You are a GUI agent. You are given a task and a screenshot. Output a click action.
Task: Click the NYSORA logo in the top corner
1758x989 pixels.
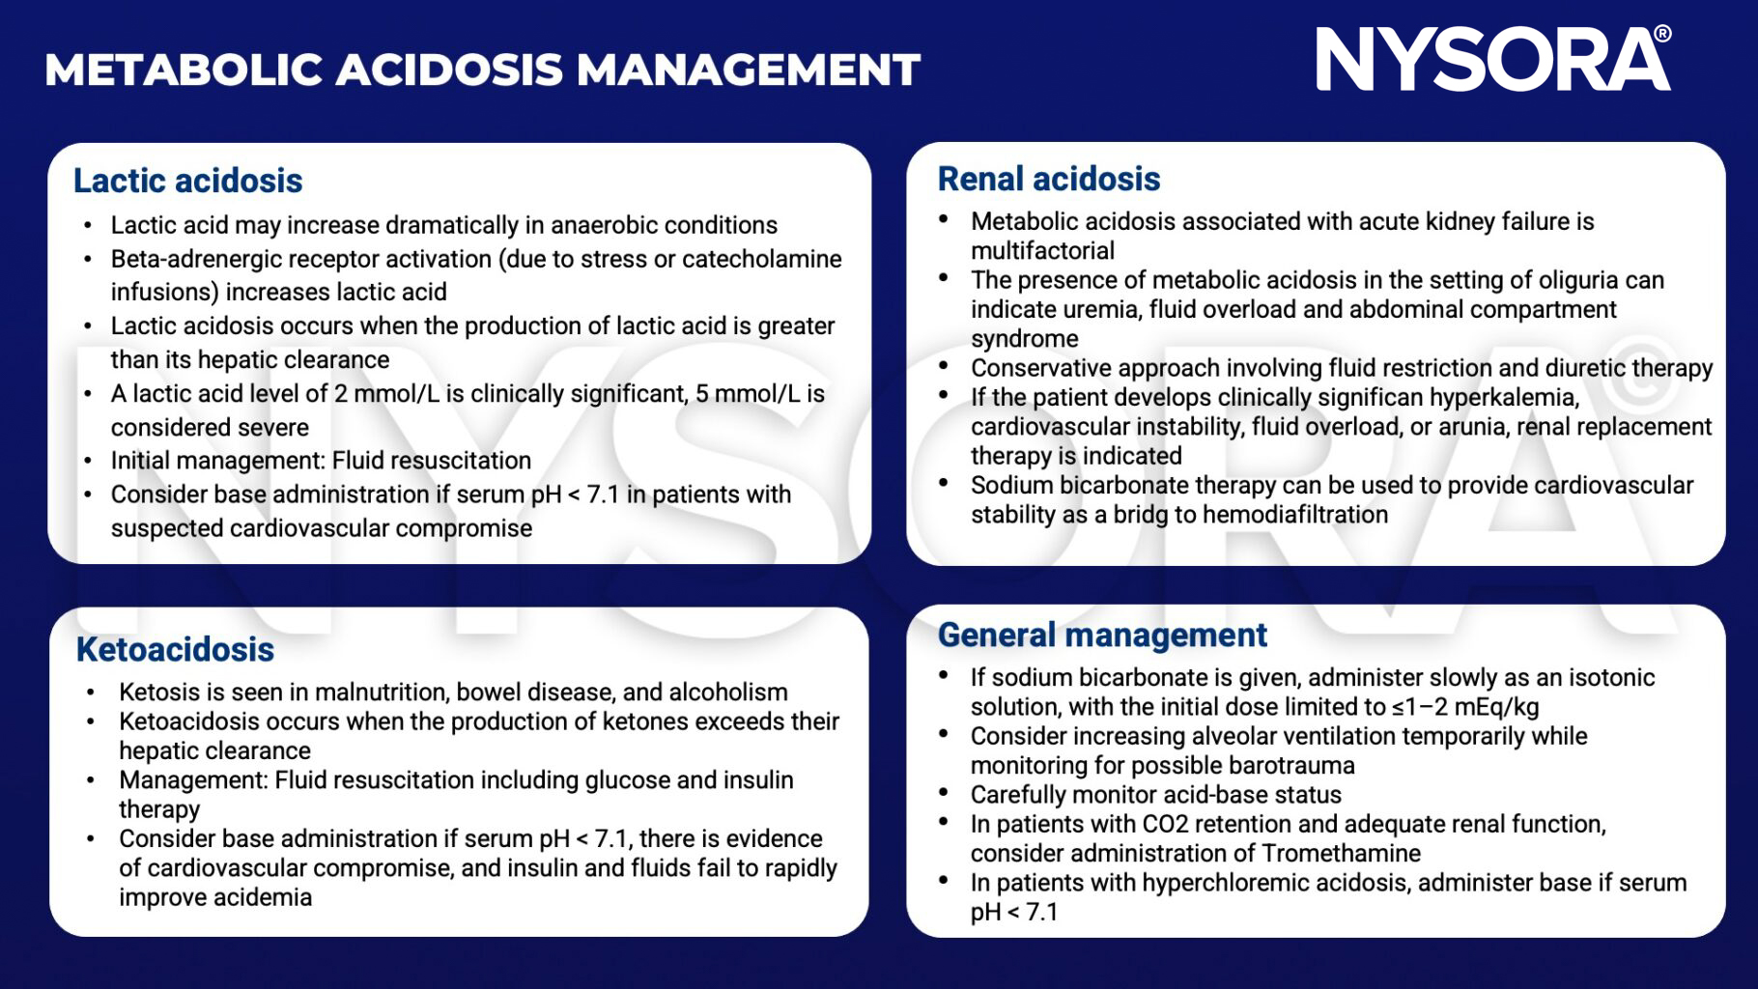1492,60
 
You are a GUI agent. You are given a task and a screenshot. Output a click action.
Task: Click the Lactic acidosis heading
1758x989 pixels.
187,181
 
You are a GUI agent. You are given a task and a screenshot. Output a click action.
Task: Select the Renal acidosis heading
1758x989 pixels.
1048,179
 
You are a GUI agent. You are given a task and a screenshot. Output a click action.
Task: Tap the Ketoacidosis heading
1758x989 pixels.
175,649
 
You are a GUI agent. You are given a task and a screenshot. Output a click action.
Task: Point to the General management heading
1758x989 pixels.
1101,635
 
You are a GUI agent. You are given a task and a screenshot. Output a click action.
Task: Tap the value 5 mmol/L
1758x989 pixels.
744,393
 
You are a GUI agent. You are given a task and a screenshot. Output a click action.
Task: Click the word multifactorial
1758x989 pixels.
1042,251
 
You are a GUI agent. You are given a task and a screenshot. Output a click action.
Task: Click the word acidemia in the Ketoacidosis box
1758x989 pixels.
263,897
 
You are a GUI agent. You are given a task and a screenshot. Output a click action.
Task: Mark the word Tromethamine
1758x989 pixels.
1341,854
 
